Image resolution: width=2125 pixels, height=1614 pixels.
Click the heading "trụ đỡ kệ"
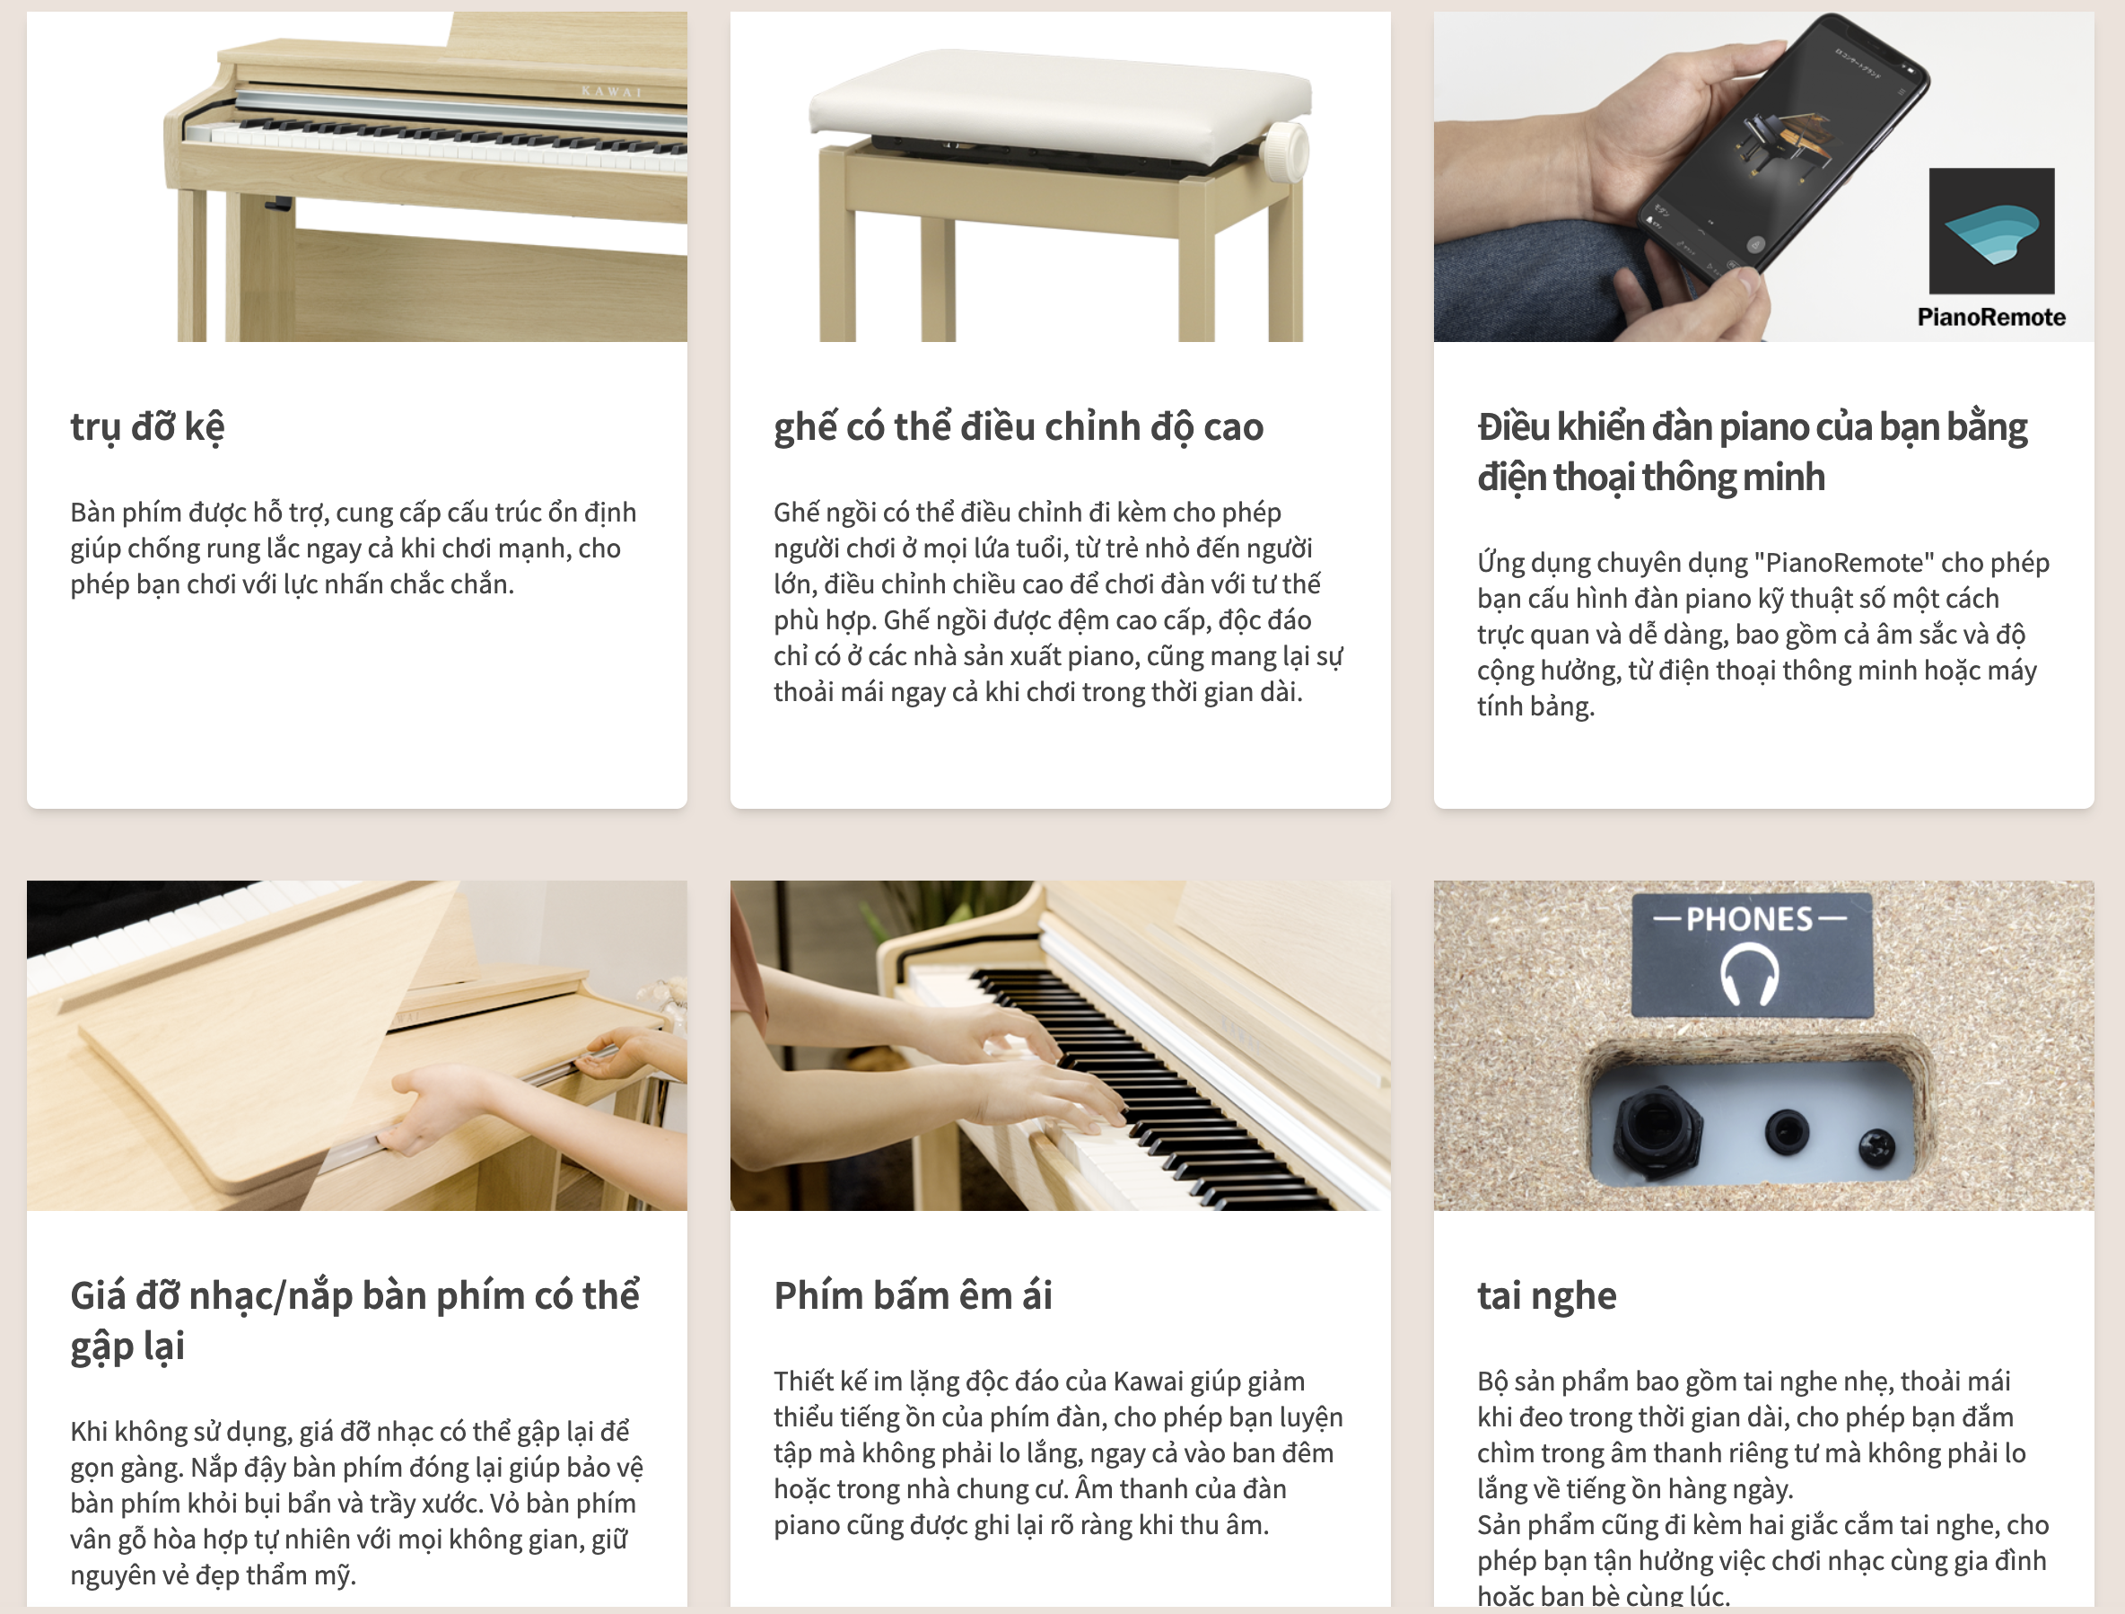tap(147, 427)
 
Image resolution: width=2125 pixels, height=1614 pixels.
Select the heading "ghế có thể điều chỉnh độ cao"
tap(1019, 427)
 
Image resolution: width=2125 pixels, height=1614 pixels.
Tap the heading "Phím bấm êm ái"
tap(913, 1295)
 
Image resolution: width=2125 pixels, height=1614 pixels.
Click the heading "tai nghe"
tap(1547, 1297)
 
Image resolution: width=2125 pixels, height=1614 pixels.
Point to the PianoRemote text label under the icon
tap(1990, 317)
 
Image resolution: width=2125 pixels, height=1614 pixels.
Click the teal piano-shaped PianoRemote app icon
tap(1991, 231)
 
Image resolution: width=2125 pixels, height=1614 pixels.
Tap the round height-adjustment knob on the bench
tap(1284, 152)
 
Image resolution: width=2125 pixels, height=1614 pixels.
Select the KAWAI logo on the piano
tap(611, 92)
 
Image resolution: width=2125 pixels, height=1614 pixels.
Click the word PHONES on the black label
tap(1749, 918)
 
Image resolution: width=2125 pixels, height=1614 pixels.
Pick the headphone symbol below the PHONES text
tap(1749, 973)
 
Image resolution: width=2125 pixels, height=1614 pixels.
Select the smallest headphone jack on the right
tap(1876, 1146)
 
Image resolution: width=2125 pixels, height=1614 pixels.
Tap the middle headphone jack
tap(1787, 1133)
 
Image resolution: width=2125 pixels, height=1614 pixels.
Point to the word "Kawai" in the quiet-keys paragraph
tap(1148, 1382)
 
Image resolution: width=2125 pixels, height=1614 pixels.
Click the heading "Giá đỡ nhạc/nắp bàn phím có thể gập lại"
tap(355, 1321)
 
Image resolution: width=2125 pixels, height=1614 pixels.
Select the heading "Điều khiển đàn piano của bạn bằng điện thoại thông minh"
tap(1753, 452)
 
